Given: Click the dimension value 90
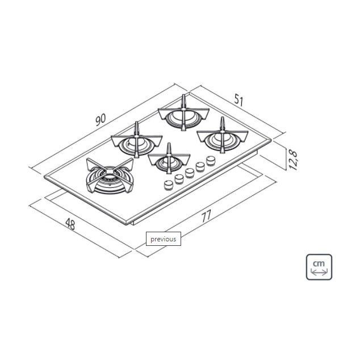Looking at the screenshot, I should [101, 119].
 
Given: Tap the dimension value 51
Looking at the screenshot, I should [238, 101].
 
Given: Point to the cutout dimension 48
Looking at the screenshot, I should [70, 224].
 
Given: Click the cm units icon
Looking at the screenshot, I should [319, 267].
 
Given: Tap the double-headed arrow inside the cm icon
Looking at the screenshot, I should [319, 273].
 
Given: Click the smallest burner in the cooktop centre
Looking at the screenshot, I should [169, 161].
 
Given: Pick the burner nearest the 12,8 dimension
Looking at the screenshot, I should [223, 136].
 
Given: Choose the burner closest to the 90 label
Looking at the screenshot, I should [135, 142].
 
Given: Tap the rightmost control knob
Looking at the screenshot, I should [210, 161].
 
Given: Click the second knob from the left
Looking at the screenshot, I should [179, 178].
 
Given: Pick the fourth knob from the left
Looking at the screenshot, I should [200, 166].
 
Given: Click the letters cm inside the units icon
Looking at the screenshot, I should [319, 262].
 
